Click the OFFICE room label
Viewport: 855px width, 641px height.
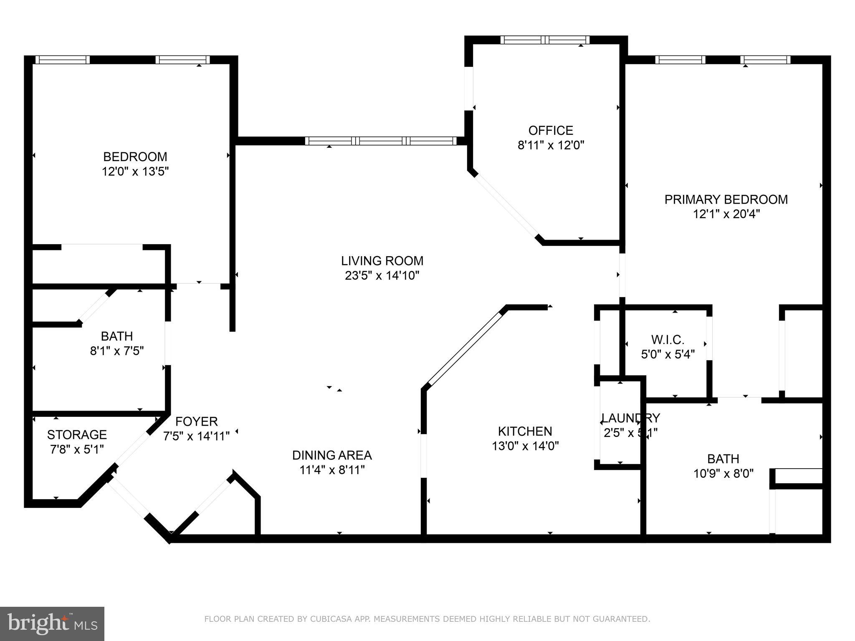point(550,131)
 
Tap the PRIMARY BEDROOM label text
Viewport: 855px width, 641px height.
point(726,199)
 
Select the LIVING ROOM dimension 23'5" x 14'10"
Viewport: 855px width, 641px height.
point(382,276)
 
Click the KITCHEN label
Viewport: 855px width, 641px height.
point(525,431)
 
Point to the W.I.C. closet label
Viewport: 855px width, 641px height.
point(668,339)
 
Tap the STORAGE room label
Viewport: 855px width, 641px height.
point(77,435)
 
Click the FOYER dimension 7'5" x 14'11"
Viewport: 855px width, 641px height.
point(196,437)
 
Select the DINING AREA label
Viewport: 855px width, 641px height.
point(332,455)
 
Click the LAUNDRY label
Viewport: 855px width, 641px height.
point(630,418)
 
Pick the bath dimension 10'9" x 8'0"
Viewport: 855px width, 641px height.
point(723,474)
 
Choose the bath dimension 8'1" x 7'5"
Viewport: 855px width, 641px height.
point(117,351)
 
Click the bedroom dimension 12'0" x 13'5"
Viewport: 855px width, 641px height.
point(135,172)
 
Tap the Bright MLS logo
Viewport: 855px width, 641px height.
point(52,624)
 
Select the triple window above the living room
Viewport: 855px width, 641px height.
point(381,141)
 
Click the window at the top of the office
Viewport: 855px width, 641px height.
point(545,40)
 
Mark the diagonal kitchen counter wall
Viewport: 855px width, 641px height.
point(465,347)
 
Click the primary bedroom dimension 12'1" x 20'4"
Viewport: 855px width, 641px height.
point(726,215)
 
